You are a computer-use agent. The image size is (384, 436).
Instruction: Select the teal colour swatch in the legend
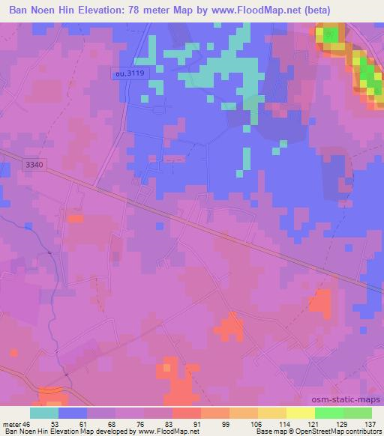[x=44, y=413]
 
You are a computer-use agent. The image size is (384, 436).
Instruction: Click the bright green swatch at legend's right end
[x=358, y=413]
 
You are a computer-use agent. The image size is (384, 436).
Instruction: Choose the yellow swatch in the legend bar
[x=301, y=413]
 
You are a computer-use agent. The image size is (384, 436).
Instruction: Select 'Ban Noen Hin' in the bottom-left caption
[x=22, y=432]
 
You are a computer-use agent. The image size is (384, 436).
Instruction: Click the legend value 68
[x=115, y=423]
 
